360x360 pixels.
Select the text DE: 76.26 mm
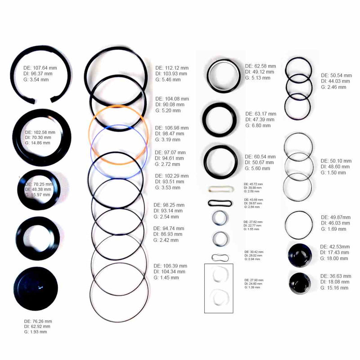pos(38,321)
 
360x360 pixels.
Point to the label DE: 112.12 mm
pos(172,68)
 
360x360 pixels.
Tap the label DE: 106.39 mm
pos(171,266)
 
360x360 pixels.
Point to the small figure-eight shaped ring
pos(220,257)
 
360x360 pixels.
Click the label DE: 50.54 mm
pos(336,75)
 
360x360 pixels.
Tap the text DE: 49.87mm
pos(336,217)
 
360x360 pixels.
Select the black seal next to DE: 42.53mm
pos(299,255)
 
